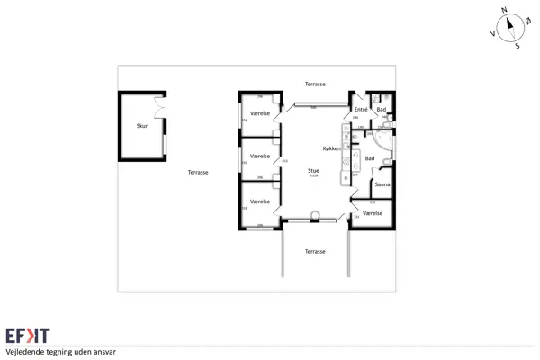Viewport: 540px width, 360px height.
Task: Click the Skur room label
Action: [x=141, y=126]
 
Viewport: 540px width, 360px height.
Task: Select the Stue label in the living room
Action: [x=313, y=168]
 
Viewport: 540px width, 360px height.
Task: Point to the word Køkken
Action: [x=332, y=148]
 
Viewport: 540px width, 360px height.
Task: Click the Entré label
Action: [x=360, y=109]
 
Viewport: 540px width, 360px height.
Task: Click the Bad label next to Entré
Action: [x=381, y=109]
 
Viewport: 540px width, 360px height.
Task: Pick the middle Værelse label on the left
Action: [x=261, y=157]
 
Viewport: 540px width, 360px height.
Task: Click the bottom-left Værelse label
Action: [x=261, y=202]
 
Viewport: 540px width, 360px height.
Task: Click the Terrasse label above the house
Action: [x=315, y=84]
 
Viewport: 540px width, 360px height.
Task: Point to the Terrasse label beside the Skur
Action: [x=198, y=172]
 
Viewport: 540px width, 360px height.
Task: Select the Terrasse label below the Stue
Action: [x=315, y=251]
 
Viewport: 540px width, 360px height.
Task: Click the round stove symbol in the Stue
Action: [x=315, y=215]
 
